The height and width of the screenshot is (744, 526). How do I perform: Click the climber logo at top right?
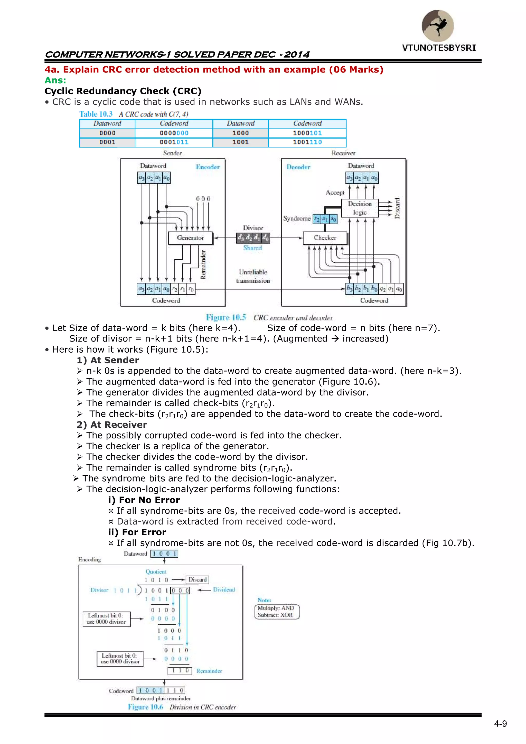pyautogui.click(x=438, y=26)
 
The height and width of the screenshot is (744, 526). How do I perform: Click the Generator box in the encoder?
pyautogui.click(x=191, y=238)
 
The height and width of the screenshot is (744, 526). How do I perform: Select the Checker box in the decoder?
pyautogui.click(x=325, y=238)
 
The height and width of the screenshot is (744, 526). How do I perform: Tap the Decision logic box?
pyautogui.click(x=360, y=208)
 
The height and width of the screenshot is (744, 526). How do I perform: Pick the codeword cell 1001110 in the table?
pyautogui.click(x=307, y=142)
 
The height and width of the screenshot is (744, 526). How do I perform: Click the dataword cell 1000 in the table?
pyautogui.click(x=240, y=133)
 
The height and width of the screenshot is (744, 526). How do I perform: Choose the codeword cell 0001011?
pyautogui.click(x=174, y=142)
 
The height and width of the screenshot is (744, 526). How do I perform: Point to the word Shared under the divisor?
pyautogui.click(x=253, y=248)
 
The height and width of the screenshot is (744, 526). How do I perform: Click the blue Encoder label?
pyautogui.click(x=208, y=167)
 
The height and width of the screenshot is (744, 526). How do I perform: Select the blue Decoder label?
pyautogui.click(x=298, y=167)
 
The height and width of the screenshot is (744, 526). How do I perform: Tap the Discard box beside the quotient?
pyautogui.click(x=197, y=580)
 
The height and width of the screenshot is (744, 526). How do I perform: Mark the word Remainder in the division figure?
pyautogui.click(x=209, y=671)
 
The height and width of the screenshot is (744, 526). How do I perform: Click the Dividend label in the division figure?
pyautogui.click(x=224, y=590)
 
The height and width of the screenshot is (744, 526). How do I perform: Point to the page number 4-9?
pyautogui.click(x=500, y=724)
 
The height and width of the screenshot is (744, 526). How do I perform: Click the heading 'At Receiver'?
pyautogui.click(x=112, y=425)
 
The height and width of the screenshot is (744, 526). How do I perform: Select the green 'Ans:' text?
pyautogui.click(x=55, y=80)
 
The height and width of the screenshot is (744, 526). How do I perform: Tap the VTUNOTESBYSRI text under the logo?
pyautogui.click(x=439, y=48)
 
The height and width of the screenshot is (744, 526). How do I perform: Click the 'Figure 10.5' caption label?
pyautogui.click(x=226, y=318)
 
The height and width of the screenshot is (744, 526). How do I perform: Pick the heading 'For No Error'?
pyautogui.click(x=144, y=500)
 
